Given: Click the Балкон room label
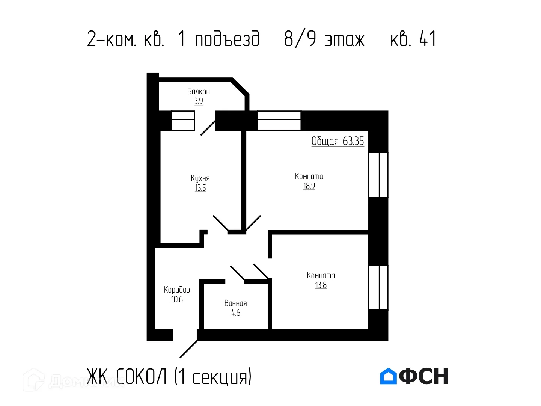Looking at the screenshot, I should click(x=199, y=91).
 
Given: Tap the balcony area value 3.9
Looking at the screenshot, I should click(x=199, y=101).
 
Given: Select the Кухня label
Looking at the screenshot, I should click(x=200, y=178).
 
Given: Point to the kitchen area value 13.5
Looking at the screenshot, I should click(x=200, y=188).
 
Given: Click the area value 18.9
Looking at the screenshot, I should click(x=309, y=186).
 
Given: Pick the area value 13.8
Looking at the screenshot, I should click(x=321, y=285).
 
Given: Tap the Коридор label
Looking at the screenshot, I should click(x=177, y=290).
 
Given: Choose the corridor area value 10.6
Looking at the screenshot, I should click(x=177, y=299).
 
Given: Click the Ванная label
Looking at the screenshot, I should click(x=235, y=303).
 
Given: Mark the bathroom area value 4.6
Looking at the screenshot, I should click(x=235, y=313).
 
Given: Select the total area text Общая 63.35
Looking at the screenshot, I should click(x=338, y=141).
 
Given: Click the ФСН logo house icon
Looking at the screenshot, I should click(x=388, y=376).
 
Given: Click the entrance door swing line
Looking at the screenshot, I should click(x=189, y=349).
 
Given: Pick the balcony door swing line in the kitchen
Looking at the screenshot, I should click(x=208, y=128).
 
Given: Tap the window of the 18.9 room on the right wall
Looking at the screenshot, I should click(x=378, y=175).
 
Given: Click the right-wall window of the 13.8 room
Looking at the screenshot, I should click(x=378, y=287).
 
